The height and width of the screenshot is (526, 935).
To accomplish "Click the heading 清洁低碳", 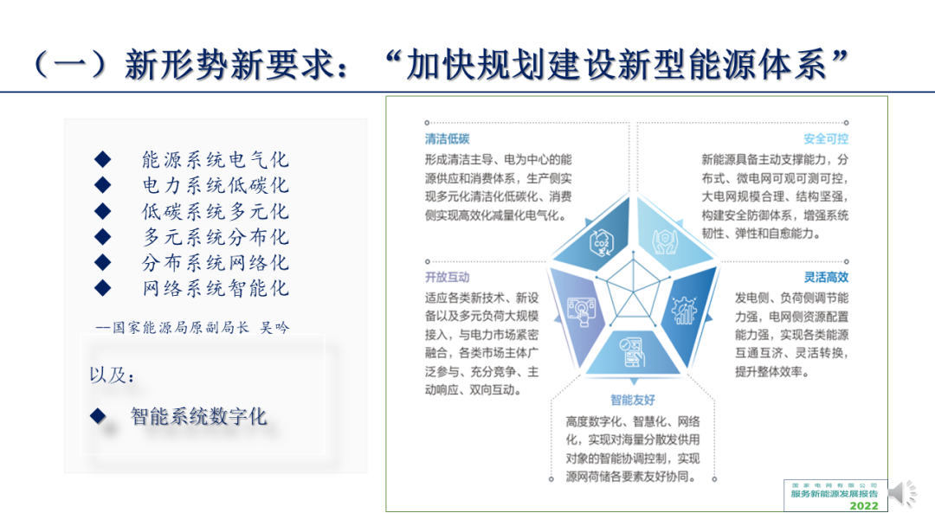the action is pyautogui.click(x=448, y=138).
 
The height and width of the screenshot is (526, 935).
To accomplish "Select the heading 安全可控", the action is pyautogui.click(x=826, y=138).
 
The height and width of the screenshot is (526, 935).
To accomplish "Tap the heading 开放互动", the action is pyautogui.click(x=448, y=277).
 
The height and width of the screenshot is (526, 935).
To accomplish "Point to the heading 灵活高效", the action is pyautogui.click(x=826, y=277).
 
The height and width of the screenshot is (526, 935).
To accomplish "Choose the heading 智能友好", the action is pyautogui.click(x=633, y=400).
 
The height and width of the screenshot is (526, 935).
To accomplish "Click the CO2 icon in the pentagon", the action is pyautogui.click(x=601, y=243).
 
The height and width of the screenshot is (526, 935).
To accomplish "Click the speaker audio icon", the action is pyautogui.click(x=902, y=493).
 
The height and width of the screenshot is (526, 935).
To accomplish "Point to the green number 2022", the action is pyautogui.click(x=864, y=506).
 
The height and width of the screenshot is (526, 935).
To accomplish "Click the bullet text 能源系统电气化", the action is pyautogui.click(x=216, y=160).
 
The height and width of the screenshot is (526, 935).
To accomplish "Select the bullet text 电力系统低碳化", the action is pyautogui.click(x=216, y=185).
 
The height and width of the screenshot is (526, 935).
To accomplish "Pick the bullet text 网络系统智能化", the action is pyautogui.click(x=216, y=288).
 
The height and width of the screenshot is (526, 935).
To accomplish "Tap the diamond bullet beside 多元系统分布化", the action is pyautogui.click(x=102, y=237).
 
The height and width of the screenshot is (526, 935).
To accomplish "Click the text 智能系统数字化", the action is pyautogui.click(x=198, y=416).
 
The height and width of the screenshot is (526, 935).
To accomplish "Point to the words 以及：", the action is pyautogui.click(x=112, y=375).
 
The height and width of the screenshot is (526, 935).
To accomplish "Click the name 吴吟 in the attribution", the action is pyautogui.click(x=274, y=328).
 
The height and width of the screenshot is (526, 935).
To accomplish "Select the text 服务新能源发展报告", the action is pyautogui.click(x=835, y=494).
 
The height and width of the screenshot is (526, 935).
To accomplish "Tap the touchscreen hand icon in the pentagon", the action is pyautogui.click(x=581, y=311).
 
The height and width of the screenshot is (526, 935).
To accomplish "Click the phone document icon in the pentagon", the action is pyautogui.click(x=632, y=352).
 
